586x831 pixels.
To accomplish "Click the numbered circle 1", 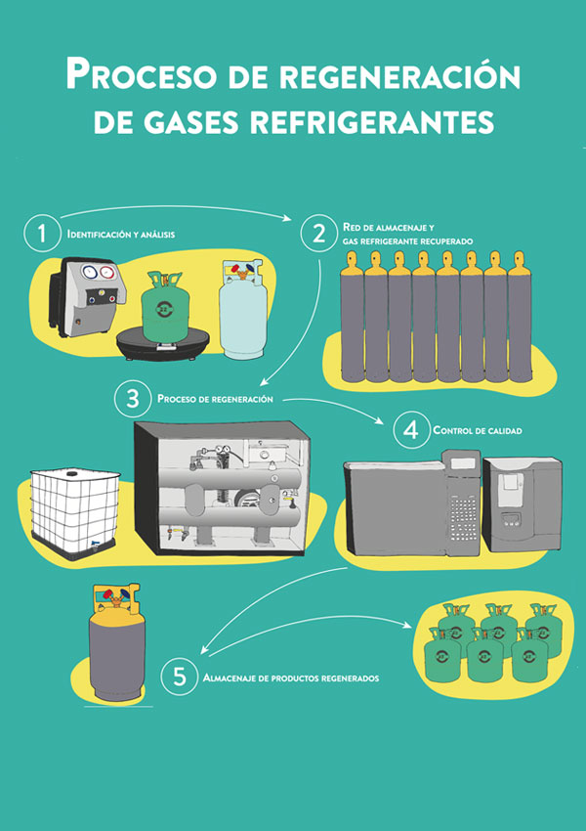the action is pyautogui.click(x=42, y=234).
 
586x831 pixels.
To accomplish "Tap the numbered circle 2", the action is pyautogui.click(x=318, y=234).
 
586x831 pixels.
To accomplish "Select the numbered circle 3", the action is pyautogui.click(x=133, y=399).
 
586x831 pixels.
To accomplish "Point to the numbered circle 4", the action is pyautogui.click(x=411, y=430).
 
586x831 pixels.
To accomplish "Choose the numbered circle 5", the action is pyautogui.click(x=180, y=677).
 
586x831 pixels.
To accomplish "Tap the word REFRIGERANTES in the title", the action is pyautogui.click(x=373, y=122).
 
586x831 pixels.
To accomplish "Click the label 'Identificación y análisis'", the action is pyautogui.click(x=121, y=234).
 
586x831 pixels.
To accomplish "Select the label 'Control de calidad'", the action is pyautogui.click(x=477, y=430).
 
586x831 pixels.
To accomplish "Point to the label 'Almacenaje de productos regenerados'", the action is pyautogui.click(x=291, y=678).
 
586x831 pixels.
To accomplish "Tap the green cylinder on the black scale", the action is pyautogui.click(x=165, y=306).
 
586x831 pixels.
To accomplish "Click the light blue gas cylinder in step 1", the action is pyautogui.click(x=243, y=309).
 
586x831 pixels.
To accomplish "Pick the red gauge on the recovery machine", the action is pyautogui.click(x=107, y=273).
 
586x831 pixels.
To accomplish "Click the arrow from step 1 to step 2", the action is pyautogui.click(x=176, y=206).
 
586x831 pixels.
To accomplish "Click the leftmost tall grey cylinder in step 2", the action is pyautogui.click(x=352, y=317).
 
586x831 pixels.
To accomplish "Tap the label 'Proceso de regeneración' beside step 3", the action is pyautogui.click(x=215, y=399).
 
